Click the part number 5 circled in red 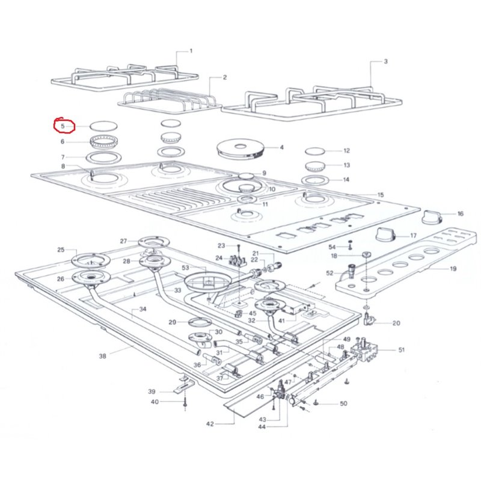click(x=63, y=126)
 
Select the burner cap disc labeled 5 click(x=103, y=126)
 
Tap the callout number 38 click(x=102, y=356)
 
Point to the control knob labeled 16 click(x=432, y=217)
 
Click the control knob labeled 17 click(x=385, y=234)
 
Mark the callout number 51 click(x=402, y=350)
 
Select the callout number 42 click(x=210, y=424)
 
